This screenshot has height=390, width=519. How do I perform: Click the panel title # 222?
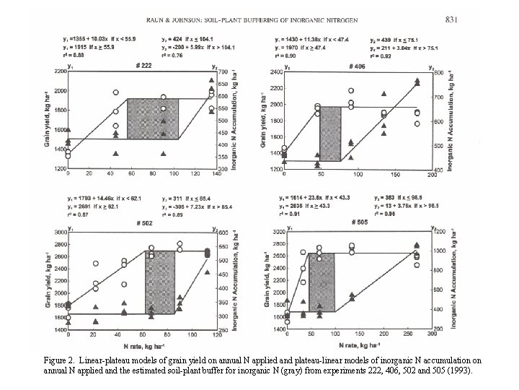143,66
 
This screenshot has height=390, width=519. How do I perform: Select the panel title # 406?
358,66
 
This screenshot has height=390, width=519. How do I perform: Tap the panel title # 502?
143,223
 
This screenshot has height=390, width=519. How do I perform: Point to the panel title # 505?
359,223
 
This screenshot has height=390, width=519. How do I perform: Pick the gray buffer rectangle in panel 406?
330,134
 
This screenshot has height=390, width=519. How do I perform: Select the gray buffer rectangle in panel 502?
159,282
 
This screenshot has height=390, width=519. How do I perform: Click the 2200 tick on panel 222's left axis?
58,72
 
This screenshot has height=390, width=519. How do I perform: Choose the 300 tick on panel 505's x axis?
432,334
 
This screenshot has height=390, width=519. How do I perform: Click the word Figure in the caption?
57,359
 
